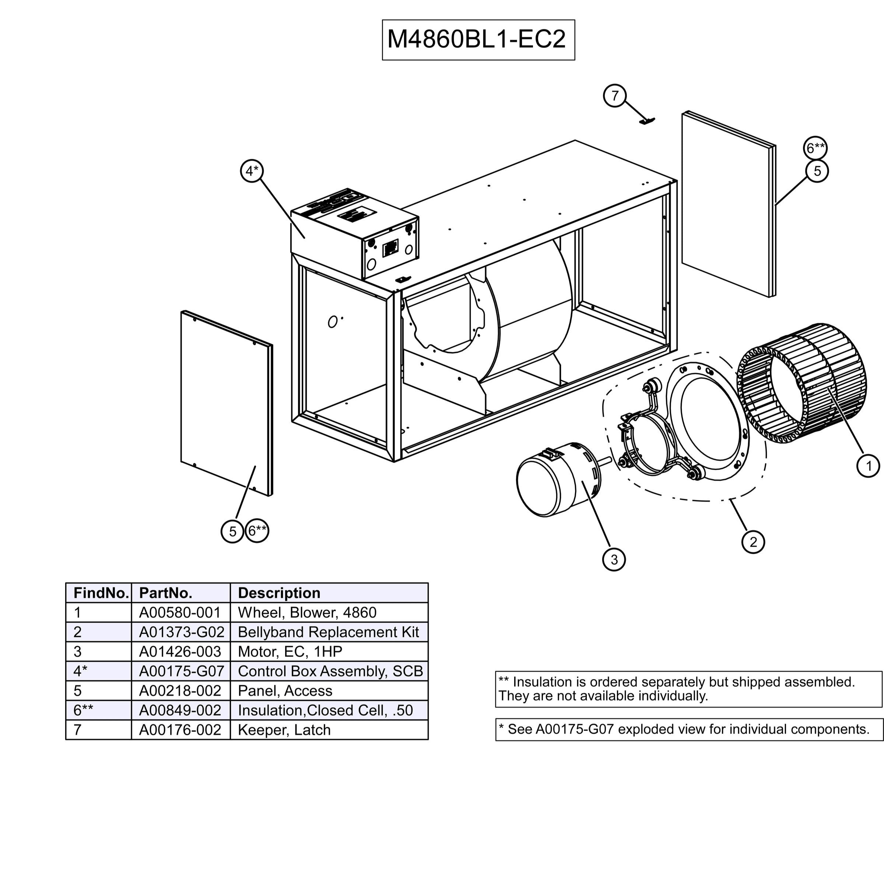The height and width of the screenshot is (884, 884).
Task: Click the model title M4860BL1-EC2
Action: pyautogui.click(x=478, y=39)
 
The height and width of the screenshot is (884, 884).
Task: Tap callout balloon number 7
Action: pyautogui.click(x=614, y=96)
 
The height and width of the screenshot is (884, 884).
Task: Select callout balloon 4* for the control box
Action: pyautogui.click(x=252, y=171)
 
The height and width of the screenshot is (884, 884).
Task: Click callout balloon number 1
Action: pyautogui.click(x=867, y=466)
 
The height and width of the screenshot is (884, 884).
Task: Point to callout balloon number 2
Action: pyautogui.click(x=753, y=542)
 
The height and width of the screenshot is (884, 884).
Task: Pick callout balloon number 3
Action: pyautogui.click(x=614, y=559)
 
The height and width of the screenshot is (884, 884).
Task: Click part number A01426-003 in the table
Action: pyautogui.click(x=180, y=652)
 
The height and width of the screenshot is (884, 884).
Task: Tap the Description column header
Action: pyautogui.click(x=279, y=593)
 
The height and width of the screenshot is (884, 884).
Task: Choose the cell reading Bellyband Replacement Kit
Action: pyautogui.click(x=328, y=632)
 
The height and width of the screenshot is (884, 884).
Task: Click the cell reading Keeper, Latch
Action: pyautogui.click(x=284, y=730)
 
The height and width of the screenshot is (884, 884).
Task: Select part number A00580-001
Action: pyautogui.click(x=180, y=612)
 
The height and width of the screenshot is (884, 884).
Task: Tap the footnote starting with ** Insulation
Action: pyautogui.click(x=676, y=689)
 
